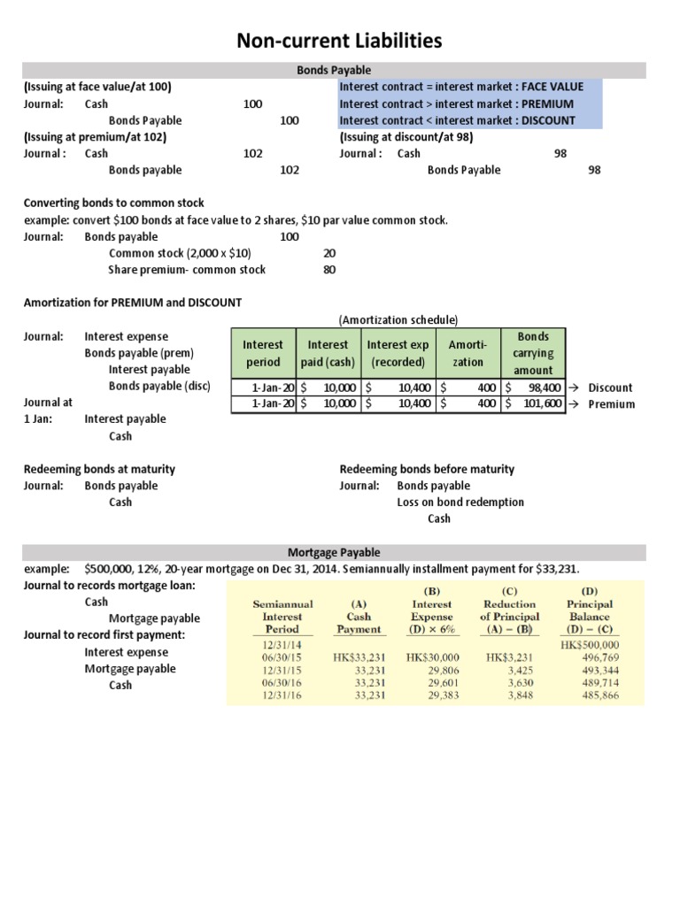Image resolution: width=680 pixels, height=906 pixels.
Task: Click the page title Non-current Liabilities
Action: (339, 41)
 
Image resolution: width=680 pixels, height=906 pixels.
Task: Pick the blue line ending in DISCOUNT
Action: (457, 120)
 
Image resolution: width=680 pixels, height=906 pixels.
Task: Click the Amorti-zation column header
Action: (467, 353)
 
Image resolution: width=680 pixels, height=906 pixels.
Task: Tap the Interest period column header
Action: (263, 353)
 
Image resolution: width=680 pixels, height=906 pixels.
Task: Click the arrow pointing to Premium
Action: (575, 404)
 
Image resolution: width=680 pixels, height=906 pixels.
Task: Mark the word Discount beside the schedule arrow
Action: (611, 388)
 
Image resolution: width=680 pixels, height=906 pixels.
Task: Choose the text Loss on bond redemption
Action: (460, 502)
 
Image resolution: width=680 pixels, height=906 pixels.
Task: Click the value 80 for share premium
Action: (329, 270)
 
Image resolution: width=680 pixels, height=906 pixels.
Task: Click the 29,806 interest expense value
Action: (434, 672)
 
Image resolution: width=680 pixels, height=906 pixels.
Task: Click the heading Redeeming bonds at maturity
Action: (98, 469)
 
